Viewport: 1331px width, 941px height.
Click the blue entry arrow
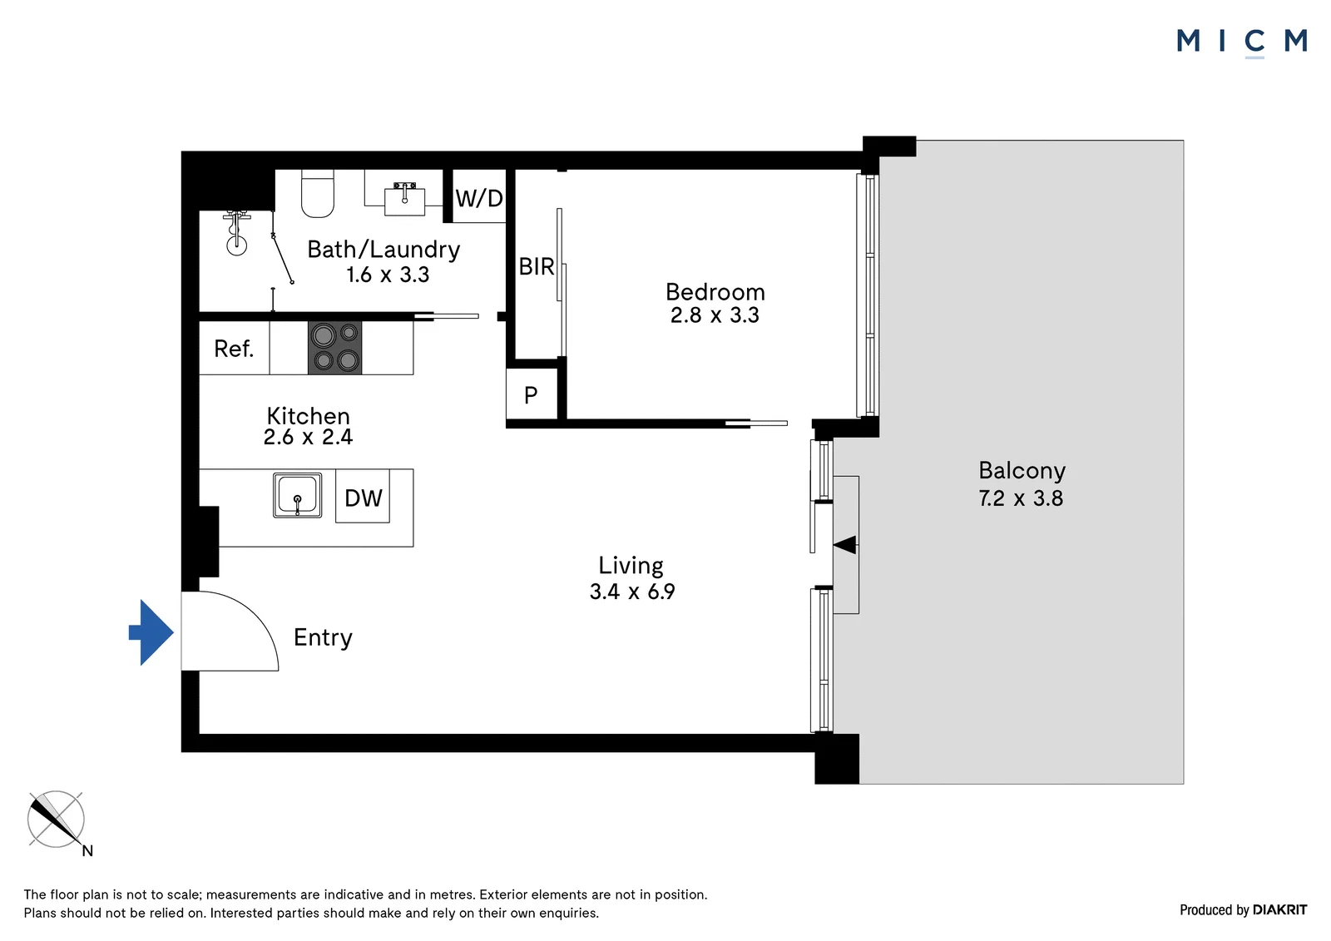(151, 632)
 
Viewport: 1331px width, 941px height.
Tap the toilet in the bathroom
(318, 194)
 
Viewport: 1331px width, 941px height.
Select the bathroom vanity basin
(404, 199)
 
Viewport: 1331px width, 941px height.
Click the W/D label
(479, 198)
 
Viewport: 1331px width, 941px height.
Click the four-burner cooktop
(334, 348)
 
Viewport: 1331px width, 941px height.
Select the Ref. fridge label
(234, 349)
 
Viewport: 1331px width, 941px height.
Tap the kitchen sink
(298, 495)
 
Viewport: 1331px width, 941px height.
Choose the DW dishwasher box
(363, 497)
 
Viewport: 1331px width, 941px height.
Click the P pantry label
(532, 394)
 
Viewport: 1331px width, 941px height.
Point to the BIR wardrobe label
(537, 267)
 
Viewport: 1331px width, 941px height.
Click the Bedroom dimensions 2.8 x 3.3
(715, 315)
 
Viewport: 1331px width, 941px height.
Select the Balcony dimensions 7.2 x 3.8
(1021, 498)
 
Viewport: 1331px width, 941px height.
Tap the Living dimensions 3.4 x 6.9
(632, 592)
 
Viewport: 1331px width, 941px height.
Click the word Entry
(324, 638)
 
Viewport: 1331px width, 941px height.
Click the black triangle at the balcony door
(845, 544)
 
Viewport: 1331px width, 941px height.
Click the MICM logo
(1242, 42)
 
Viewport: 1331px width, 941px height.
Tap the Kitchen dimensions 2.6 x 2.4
(309, 437)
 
